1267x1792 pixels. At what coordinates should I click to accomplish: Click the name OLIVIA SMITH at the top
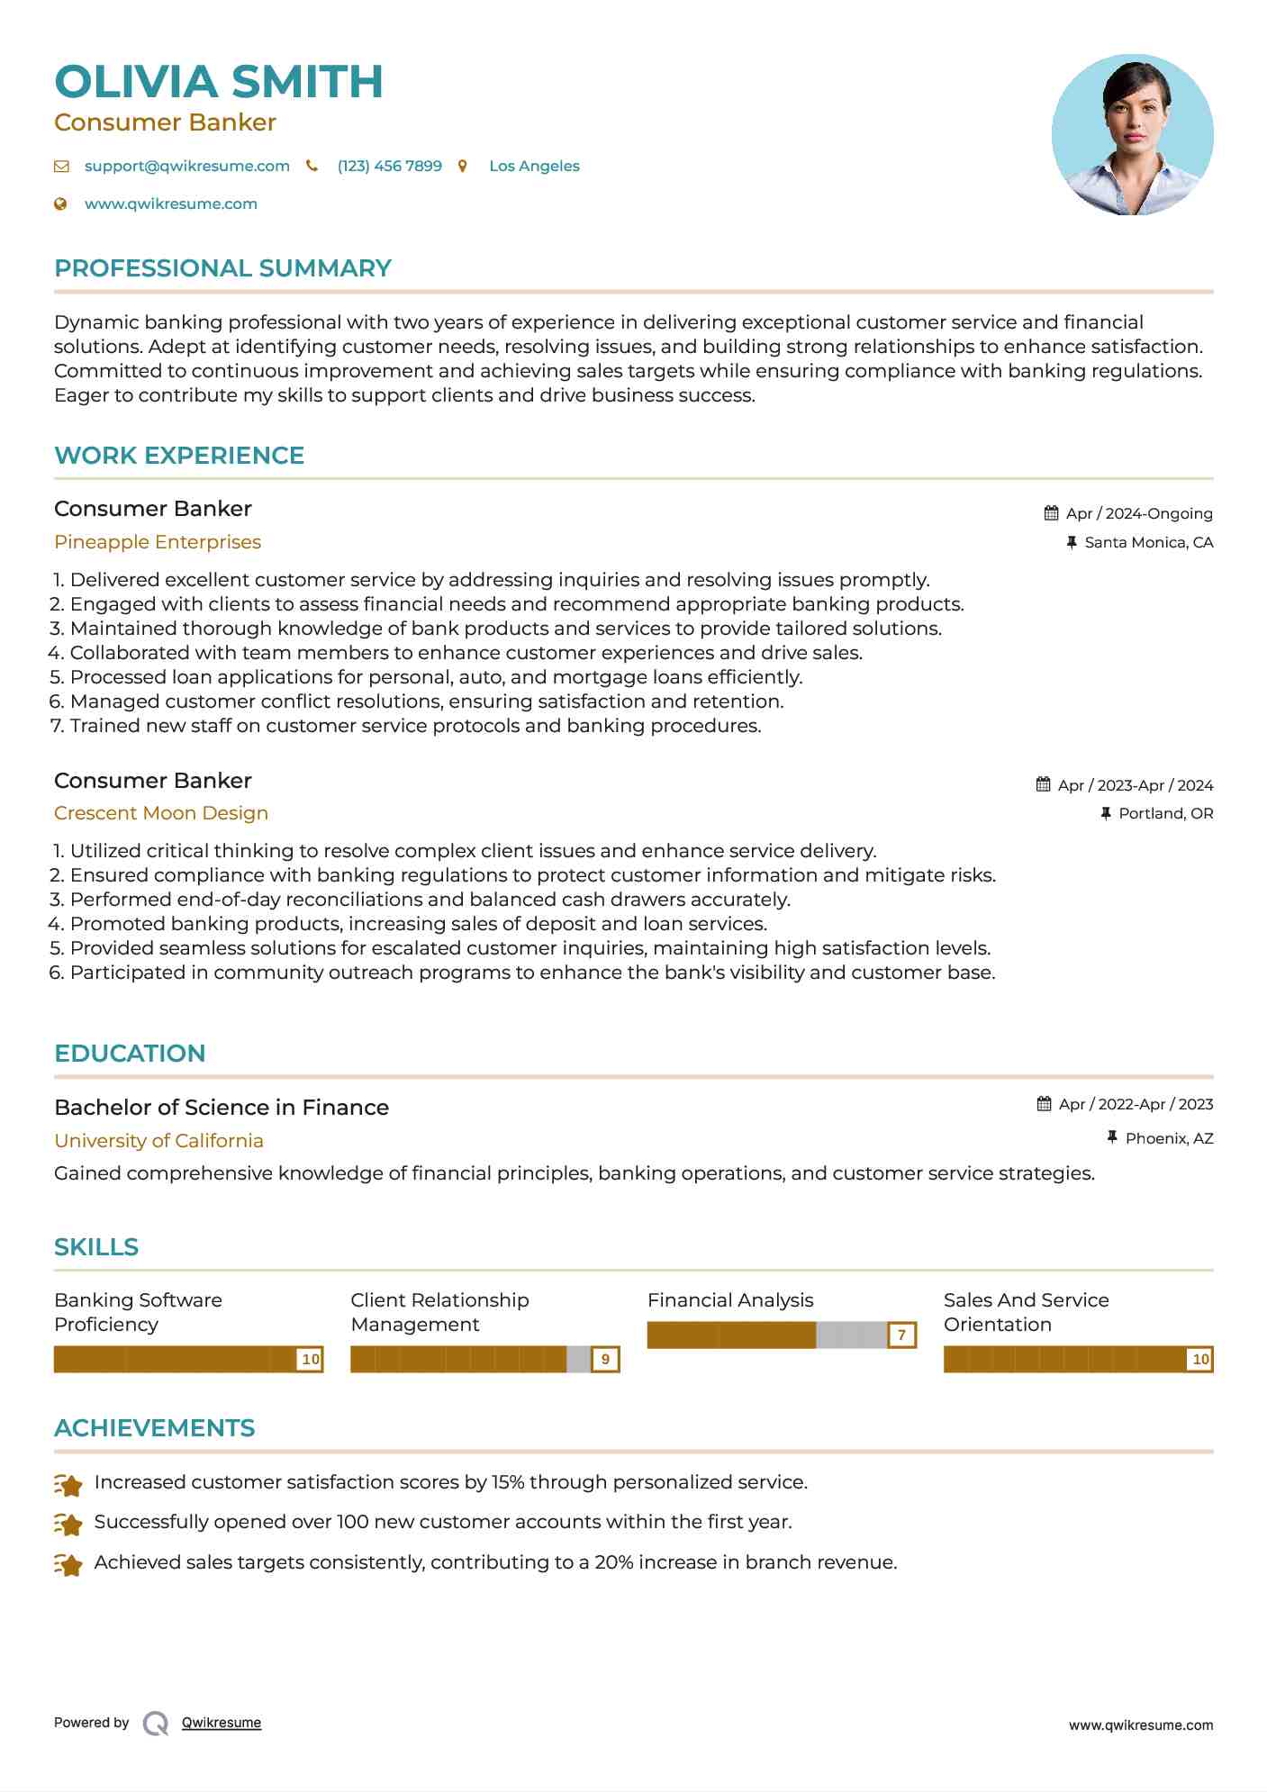219,82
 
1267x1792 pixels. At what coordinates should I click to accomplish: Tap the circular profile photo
1132,135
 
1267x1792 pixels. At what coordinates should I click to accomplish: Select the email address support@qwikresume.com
186,167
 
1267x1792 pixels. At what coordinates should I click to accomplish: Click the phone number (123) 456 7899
389,167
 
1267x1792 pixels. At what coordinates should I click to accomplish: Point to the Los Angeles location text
534,167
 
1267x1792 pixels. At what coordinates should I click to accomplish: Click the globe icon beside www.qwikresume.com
60,204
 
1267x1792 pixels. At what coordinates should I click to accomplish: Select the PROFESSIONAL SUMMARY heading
222,268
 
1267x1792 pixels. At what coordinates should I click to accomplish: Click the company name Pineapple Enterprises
158,542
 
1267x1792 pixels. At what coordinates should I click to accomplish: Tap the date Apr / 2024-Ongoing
1138,514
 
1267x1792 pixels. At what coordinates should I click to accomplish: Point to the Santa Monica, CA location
1148,543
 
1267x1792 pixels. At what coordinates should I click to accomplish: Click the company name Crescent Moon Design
161,813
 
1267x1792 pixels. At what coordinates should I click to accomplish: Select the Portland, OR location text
1165,814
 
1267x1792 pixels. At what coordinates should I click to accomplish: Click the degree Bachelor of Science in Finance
222,1108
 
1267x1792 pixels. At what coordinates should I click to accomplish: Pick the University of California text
158,1141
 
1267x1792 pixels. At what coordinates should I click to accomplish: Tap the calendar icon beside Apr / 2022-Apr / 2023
1045,1104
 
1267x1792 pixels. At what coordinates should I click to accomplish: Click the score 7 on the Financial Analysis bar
901,1335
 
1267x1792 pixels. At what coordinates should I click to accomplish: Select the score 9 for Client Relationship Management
605,1360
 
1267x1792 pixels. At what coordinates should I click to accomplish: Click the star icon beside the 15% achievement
68,1484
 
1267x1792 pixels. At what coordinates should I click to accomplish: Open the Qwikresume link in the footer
222,1723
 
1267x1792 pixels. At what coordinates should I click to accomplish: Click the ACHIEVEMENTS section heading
154,1428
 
